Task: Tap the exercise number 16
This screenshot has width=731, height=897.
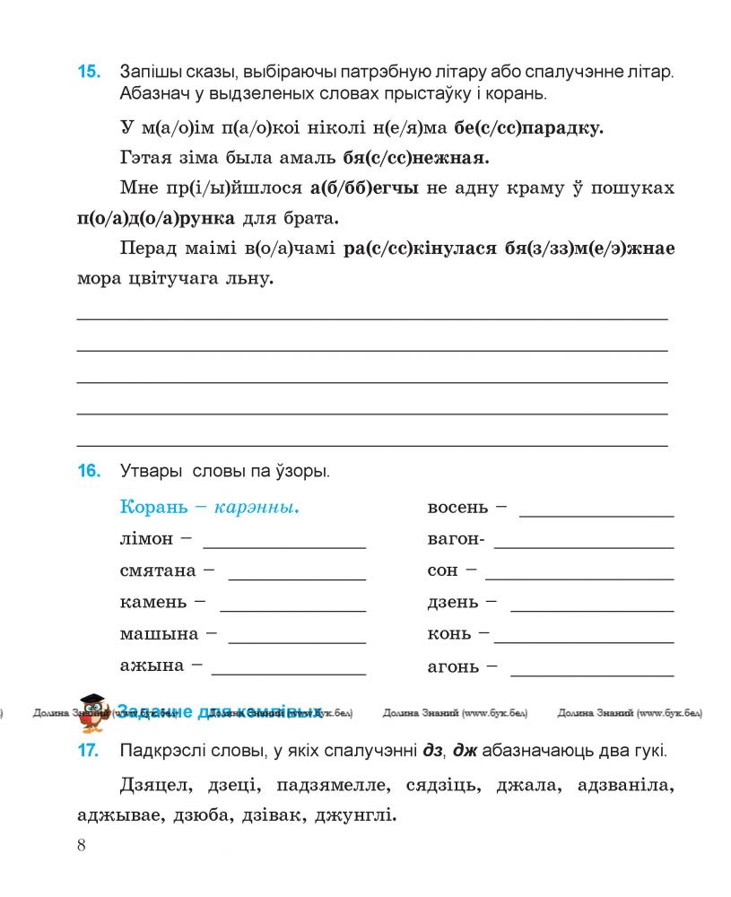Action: (89, 470)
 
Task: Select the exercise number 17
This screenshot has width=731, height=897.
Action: (89, 751)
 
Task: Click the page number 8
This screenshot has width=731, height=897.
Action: (82, 845)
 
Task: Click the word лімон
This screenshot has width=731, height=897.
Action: (146, 539)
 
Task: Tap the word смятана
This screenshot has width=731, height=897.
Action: (158, 570)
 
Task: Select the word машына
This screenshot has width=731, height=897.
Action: (159, 633)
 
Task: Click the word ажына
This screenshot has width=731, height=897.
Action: (152, 666)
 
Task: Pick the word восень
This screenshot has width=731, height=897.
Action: (457, 508)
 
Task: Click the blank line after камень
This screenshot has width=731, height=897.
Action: (292, 610)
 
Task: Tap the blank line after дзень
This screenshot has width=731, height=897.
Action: (591, 610)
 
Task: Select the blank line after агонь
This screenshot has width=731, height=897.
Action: (591, 674)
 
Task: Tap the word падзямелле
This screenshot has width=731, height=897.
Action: (328, 787)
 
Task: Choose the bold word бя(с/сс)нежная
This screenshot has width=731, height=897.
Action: (416, 158)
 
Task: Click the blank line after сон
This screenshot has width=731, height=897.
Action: (579, 579)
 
